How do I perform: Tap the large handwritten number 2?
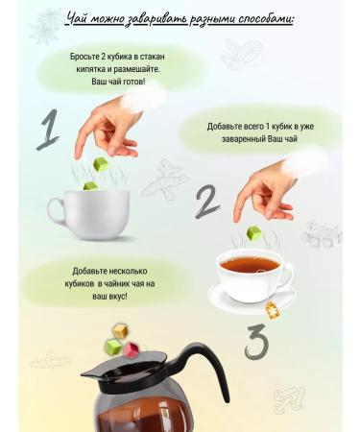point(207,203)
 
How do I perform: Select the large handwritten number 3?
point(256,340)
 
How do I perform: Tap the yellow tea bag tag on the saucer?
point(273,308)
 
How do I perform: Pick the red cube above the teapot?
point(133,345)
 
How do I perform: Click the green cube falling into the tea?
point(253,233)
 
